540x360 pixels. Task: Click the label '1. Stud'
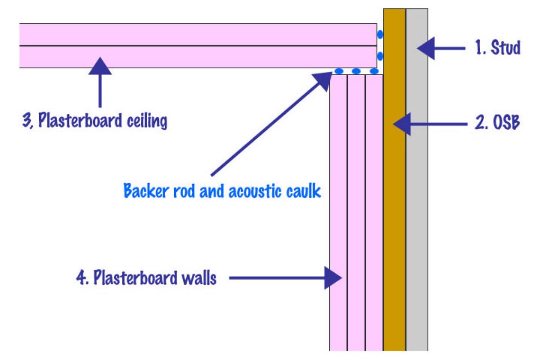pos(498,47)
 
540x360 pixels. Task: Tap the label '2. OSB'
pos(497,123)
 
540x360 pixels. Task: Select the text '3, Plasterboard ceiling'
pos(94,121)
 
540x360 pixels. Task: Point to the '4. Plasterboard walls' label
pos(146,278)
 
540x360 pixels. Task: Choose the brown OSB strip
pos(395,202)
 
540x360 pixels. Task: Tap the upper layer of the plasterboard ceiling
pos(198,34)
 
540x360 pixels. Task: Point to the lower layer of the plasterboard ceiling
pos(198,57)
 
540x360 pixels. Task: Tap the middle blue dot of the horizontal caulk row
pos(356,71)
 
